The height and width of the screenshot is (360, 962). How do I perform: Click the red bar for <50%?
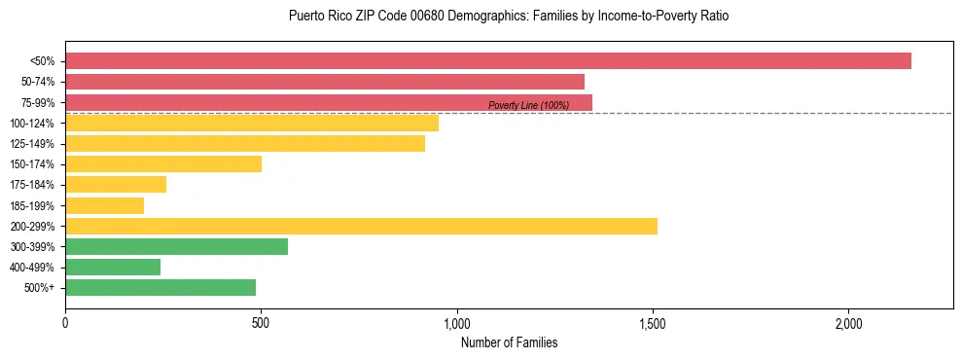coord(487,61)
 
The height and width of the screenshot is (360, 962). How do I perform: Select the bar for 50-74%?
coord(325,82)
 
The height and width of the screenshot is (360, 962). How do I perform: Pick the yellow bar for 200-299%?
coord(361,226)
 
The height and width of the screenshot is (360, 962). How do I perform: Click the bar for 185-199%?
coord(104,205)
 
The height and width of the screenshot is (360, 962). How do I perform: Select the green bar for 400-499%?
coord(113,267)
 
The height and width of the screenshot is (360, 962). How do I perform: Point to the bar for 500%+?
coord(160,287)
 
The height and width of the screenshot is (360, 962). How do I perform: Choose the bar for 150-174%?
coord(163,163)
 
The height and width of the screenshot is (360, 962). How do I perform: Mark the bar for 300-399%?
coord(176,246)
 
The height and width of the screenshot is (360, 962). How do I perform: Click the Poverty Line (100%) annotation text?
coord(528,105)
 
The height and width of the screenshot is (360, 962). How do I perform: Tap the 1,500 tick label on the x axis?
coord(652,323)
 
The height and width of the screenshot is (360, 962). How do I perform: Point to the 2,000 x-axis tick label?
coord(848,323)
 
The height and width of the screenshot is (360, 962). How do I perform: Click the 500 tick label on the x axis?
coord(261,323)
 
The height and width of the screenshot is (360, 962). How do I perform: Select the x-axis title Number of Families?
coord(509,342)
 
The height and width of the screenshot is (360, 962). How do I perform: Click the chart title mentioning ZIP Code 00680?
coord(509,17)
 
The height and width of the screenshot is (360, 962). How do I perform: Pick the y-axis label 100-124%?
coord(32,124)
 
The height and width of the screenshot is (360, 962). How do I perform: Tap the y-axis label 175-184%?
coord(32,185)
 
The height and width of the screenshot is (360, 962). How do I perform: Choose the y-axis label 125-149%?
coord(32,144)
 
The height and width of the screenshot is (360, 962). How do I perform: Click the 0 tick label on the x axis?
coord(65,323)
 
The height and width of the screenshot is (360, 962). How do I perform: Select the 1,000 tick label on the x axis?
coord(456,323)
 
